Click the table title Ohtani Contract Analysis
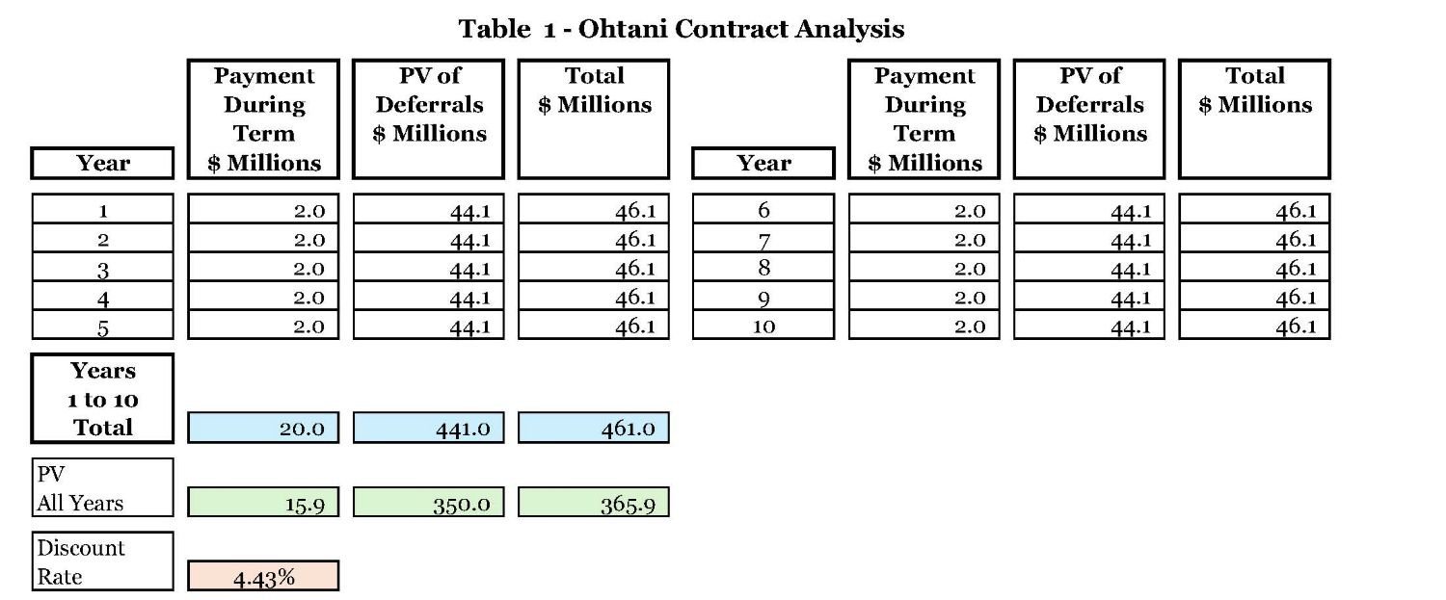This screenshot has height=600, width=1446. tap(682, 29)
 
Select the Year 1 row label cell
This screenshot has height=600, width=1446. tap(103, 210)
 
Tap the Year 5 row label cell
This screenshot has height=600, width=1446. tap(103, 326)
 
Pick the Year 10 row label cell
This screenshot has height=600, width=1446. tap(763, 326)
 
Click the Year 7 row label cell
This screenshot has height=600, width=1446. tap(763, 239)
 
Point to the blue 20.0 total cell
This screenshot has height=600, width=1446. tap(263, 429)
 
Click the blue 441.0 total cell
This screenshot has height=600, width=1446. tap(428, 429)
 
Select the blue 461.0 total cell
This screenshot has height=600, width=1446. tap(593, 429)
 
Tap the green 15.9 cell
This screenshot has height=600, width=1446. tap(263, 503)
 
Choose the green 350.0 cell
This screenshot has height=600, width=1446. tap(428, 503)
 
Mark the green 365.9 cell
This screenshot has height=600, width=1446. tap(593, 503)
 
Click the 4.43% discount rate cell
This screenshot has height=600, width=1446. tap(263, 576)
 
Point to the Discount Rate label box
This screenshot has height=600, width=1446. tap(103, 561)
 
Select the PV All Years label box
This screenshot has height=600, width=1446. tap(103, 488)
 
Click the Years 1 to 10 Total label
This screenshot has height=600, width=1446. tap(103, 399)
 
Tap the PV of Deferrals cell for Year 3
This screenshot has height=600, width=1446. tap(428, 268)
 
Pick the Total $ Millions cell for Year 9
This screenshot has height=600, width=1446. tap(1254, 297)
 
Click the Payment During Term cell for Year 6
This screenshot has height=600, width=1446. tap(924, 210)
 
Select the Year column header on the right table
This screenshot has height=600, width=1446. tap(763, 163)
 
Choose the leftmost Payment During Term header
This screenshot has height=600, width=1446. tap(263, 119)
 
